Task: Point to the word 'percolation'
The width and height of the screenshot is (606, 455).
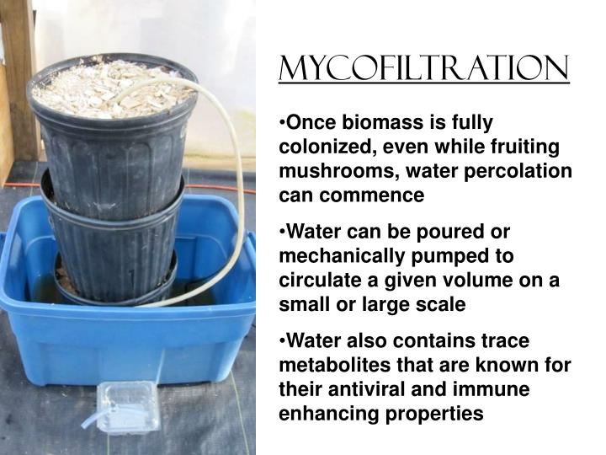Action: tap(524, 171)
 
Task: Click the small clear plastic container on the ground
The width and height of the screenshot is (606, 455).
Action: tap(127, 407)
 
